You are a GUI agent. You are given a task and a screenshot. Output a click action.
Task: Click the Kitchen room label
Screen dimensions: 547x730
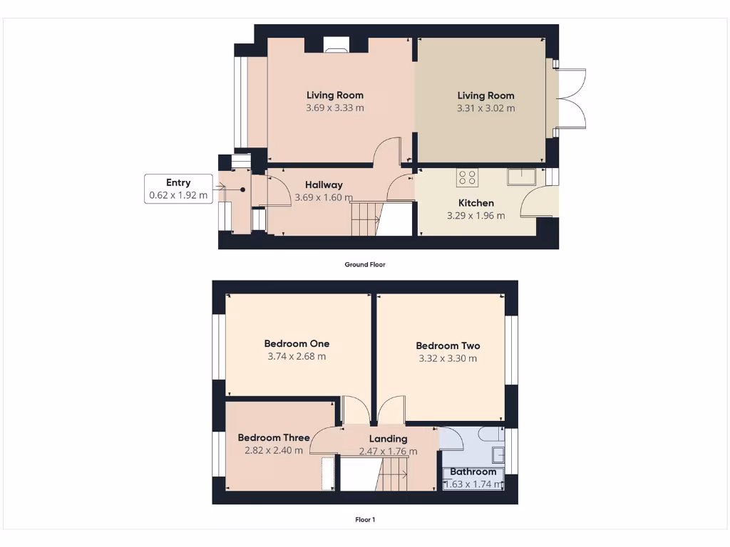pos(475,203)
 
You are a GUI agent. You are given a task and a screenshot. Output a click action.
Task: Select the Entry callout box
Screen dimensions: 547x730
pos(178,189)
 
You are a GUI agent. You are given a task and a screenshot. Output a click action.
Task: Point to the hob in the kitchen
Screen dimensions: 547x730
pos(468,177)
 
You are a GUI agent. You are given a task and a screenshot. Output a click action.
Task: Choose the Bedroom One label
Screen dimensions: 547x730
pos(297,343)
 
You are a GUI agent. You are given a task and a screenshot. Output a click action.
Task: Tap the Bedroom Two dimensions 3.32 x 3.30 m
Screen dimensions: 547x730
pos(448,358)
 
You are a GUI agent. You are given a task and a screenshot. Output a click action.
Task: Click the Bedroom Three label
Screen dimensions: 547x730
pos(274,437)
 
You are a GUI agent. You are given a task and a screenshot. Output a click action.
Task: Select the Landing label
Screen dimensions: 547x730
pos(388,439)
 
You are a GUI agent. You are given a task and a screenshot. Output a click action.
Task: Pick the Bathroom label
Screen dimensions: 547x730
pos(473,472)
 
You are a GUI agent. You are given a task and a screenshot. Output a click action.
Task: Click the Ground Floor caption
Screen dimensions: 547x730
pos(365,264)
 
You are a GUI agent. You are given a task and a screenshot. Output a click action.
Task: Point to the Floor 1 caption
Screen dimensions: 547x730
pos(365,519)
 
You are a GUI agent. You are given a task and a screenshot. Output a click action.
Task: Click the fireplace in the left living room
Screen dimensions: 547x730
pos(336,47)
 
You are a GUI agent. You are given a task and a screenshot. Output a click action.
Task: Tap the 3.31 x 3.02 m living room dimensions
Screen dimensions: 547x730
pos(485,108)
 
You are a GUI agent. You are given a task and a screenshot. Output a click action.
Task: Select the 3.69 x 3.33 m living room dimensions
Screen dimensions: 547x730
pos(334,108)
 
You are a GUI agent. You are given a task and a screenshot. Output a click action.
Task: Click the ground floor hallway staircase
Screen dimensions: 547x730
pos(365,218)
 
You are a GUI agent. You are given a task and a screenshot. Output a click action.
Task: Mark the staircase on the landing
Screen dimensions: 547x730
pos(394,474)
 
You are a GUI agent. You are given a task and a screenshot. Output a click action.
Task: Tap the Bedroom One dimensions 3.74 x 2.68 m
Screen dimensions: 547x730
pos(297,356)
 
